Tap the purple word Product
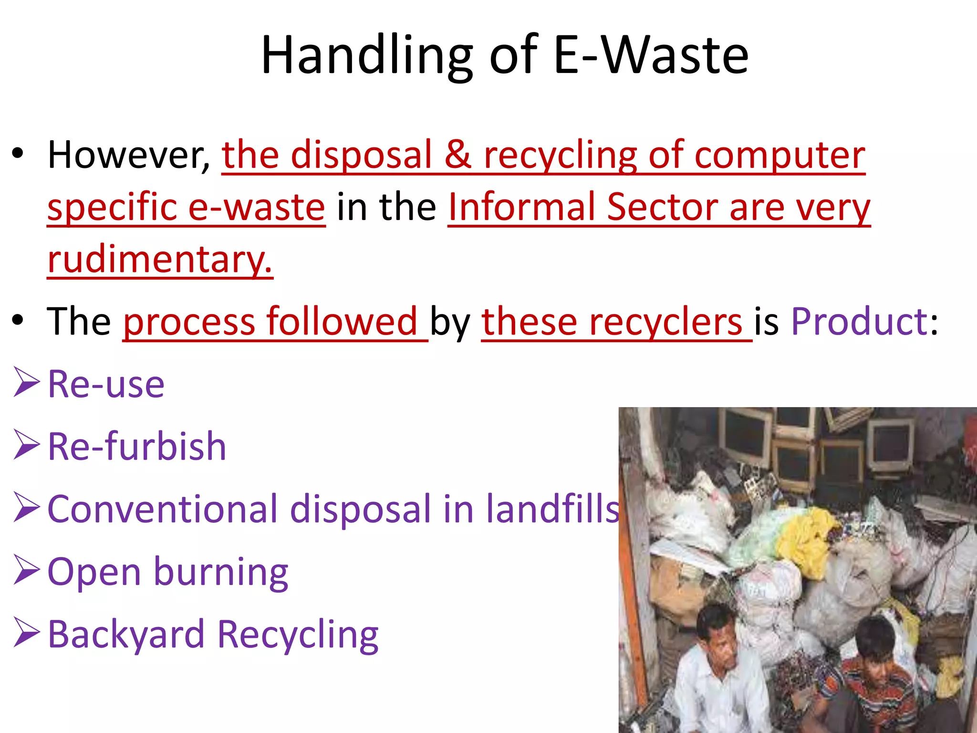(859, 321)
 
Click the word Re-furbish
(137, 446)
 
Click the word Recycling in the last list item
(298, 634)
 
